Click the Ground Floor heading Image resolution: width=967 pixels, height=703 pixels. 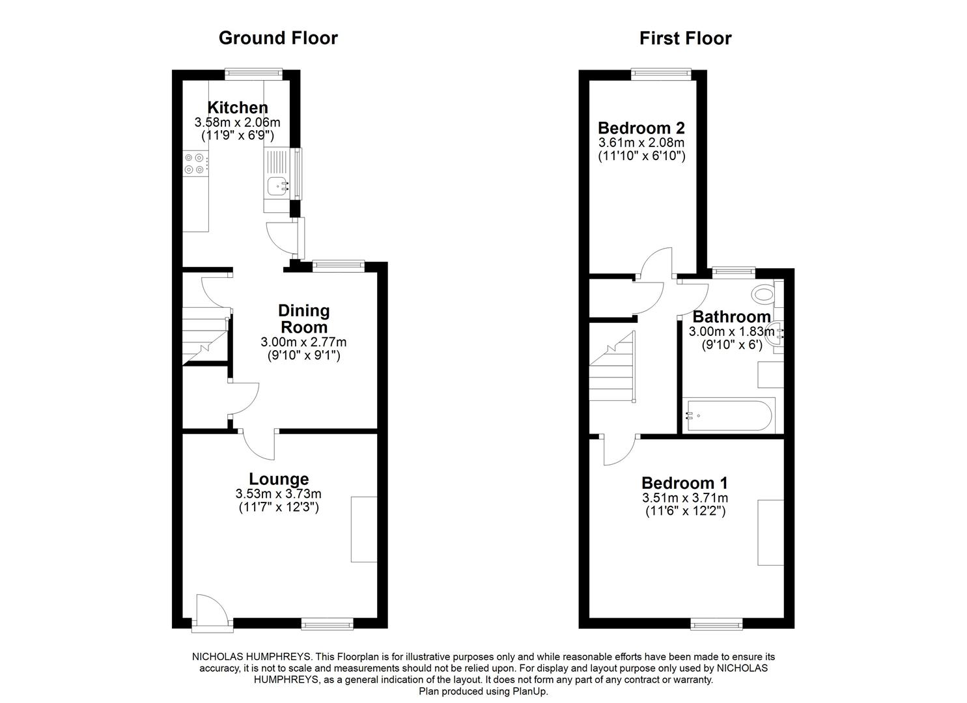coord(278,38)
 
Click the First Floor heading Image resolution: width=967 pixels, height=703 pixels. coord(685,38)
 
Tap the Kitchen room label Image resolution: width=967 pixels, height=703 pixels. coord(237,107)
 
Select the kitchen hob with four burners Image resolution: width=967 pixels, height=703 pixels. coord(195,163)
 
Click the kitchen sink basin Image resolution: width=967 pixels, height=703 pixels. coord(277,186)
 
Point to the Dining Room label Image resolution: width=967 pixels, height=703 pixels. coord(303,318)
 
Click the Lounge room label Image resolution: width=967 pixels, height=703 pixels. coord(279,480)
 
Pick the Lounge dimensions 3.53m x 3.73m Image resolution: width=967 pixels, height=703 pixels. coord(279,494)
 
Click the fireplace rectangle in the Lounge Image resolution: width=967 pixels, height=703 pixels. coord(364,529)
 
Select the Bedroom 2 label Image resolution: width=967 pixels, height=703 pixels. coord(641,128)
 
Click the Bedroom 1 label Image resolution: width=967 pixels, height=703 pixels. coord(684,483)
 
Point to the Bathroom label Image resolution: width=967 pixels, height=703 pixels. coord(731,317)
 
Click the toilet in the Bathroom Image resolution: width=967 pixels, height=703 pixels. coord(762,294)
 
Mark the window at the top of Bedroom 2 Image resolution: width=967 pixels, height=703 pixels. coord(662,75)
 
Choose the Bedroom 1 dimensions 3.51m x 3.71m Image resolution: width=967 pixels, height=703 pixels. coord(685,498)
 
